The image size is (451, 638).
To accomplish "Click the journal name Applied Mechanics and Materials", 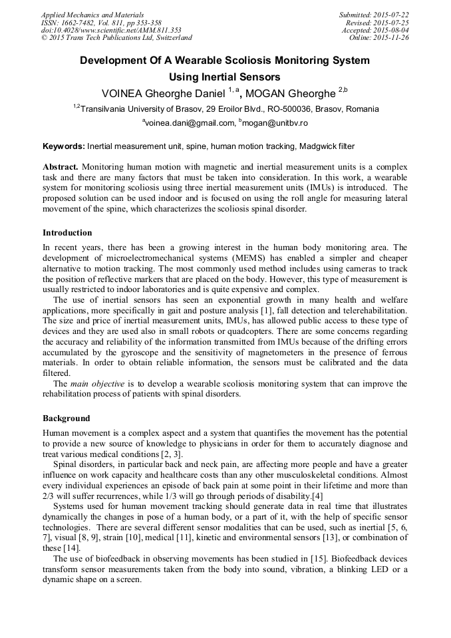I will (x=92, y=15).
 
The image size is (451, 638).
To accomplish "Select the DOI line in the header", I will (x=111, y=30).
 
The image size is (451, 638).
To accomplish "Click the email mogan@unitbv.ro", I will (x=275, y=123).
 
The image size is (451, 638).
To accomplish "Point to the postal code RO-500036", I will (x=279, y=108).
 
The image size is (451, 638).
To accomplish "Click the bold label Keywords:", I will (x=64, y=146).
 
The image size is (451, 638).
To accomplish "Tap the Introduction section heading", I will (x=67, y=233).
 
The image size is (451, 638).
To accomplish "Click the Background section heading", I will (x=67, y=418).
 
